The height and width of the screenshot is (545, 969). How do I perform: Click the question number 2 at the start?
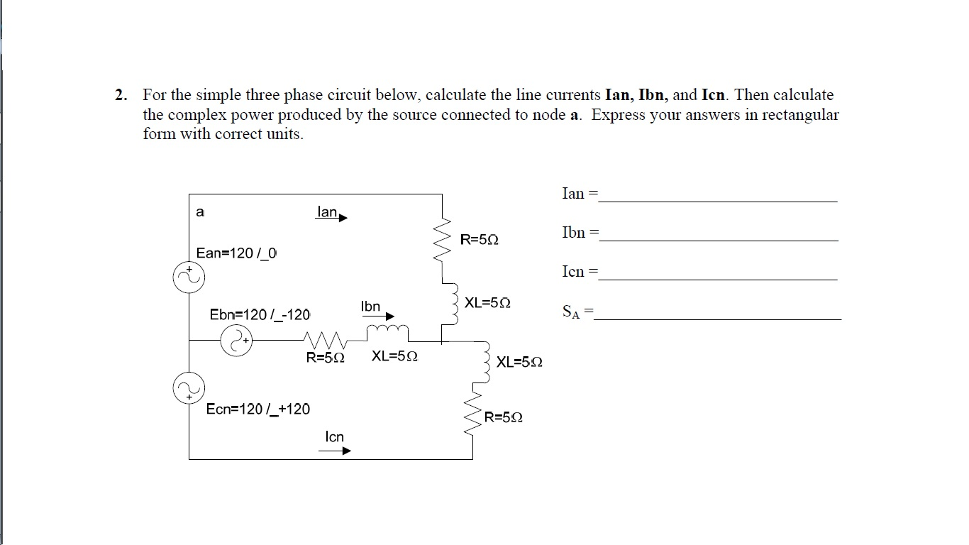tap(121, 95)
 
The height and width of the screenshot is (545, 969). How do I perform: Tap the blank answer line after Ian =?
tap(718, 200)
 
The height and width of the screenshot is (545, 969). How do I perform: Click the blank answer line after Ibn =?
tap(718, 239)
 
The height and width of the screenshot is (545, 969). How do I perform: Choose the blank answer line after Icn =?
tap(718, 278)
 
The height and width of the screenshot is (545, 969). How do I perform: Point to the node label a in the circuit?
tap(200, 211)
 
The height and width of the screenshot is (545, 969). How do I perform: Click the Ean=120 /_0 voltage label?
tap(237, 253)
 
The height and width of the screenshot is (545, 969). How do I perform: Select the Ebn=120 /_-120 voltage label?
tap(260, 314)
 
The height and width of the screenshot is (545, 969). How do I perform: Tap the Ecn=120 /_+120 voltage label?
tap(258, 409)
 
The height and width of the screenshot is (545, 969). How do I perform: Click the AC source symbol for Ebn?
tap(236, 341)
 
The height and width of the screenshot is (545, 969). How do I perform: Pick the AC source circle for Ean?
tap(189, 277)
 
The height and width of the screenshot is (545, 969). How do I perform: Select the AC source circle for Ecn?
tap(189, 388)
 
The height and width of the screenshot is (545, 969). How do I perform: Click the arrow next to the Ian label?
tap(342, 218)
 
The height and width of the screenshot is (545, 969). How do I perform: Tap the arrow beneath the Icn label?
tap(337, 450)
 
